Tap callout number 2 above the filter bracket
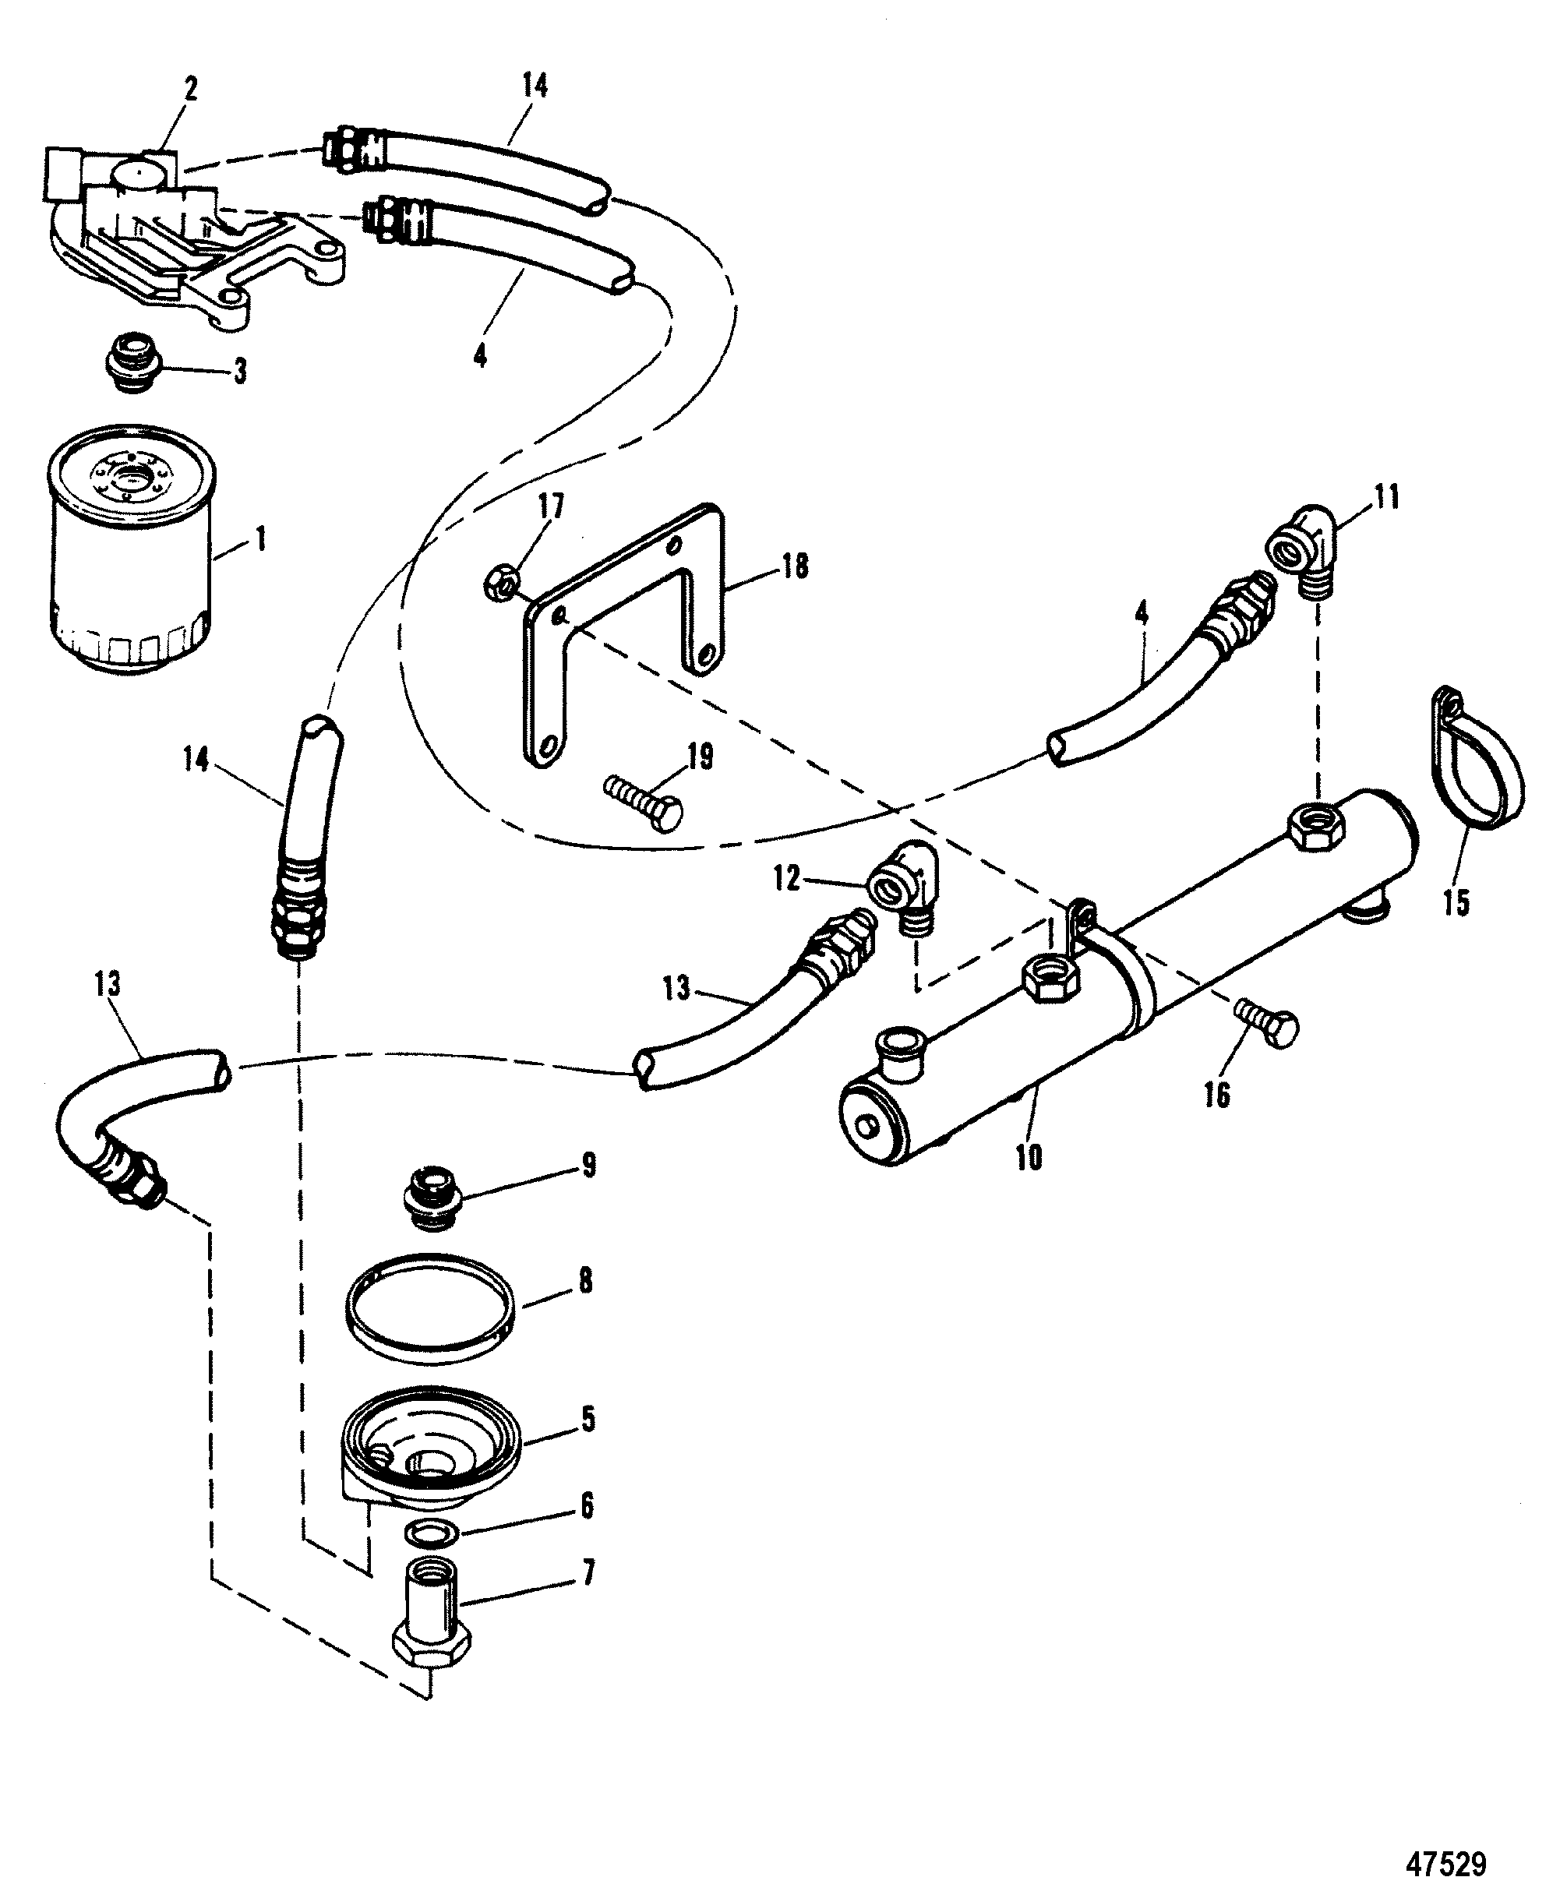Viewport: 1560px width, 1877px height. [x=190, y=90]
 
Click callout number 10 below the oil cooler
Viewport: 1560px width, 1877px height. [x=1029, y=1158]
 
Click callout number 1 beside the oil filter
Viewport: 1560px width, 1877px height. [x=261, y=541]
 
